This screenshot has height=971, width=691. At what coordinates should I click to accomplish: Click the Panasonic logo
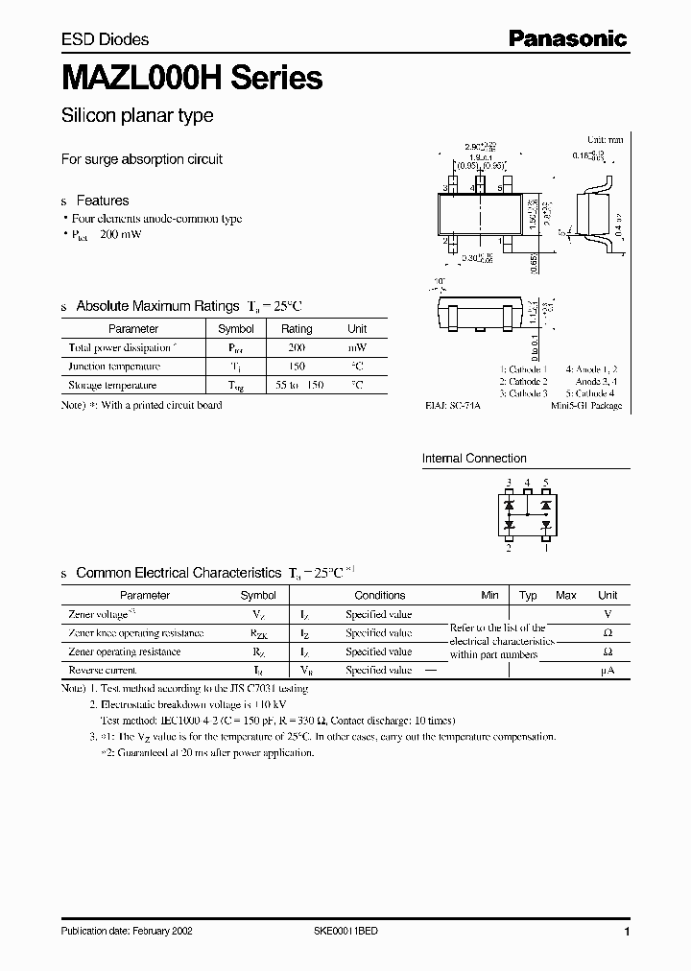567,39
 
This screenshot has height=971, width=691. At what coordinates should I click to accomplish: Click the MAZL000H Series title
192,78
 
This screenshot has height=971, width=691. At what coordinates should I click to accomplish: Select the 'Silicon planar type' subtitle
137,116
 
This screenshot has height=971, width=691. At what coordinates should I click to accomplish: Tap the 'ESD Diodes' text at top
105,39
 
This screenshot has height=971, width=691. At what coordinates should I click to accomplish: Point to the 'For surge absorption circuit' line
142,159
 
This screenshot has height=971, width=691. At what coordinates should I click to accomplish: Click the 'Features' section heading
102,201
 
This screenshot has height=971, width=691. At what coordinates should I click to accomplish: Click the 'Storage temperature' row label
112,386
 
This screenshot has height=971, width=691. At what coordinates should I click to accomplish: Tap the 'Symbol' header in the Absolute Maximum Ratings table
236,329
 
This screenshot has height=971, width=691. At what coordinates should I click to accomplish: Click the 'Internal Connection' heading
474,459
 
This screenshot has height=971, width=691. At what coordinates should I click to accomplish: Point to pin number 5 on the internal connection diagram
546,483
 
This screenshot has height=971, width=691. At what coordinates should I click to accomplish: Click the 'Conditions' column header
380,596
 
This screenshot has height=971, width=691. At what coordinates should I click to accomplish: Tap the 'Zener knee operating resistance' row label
136,633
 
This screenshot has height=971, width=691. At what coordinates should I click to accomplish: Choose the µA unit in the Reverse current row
607,671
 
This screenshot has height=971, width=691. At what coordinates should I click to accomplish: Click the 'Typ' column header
528,596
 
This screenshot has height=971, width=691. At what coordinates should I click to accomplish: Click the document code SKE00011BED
352,933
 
